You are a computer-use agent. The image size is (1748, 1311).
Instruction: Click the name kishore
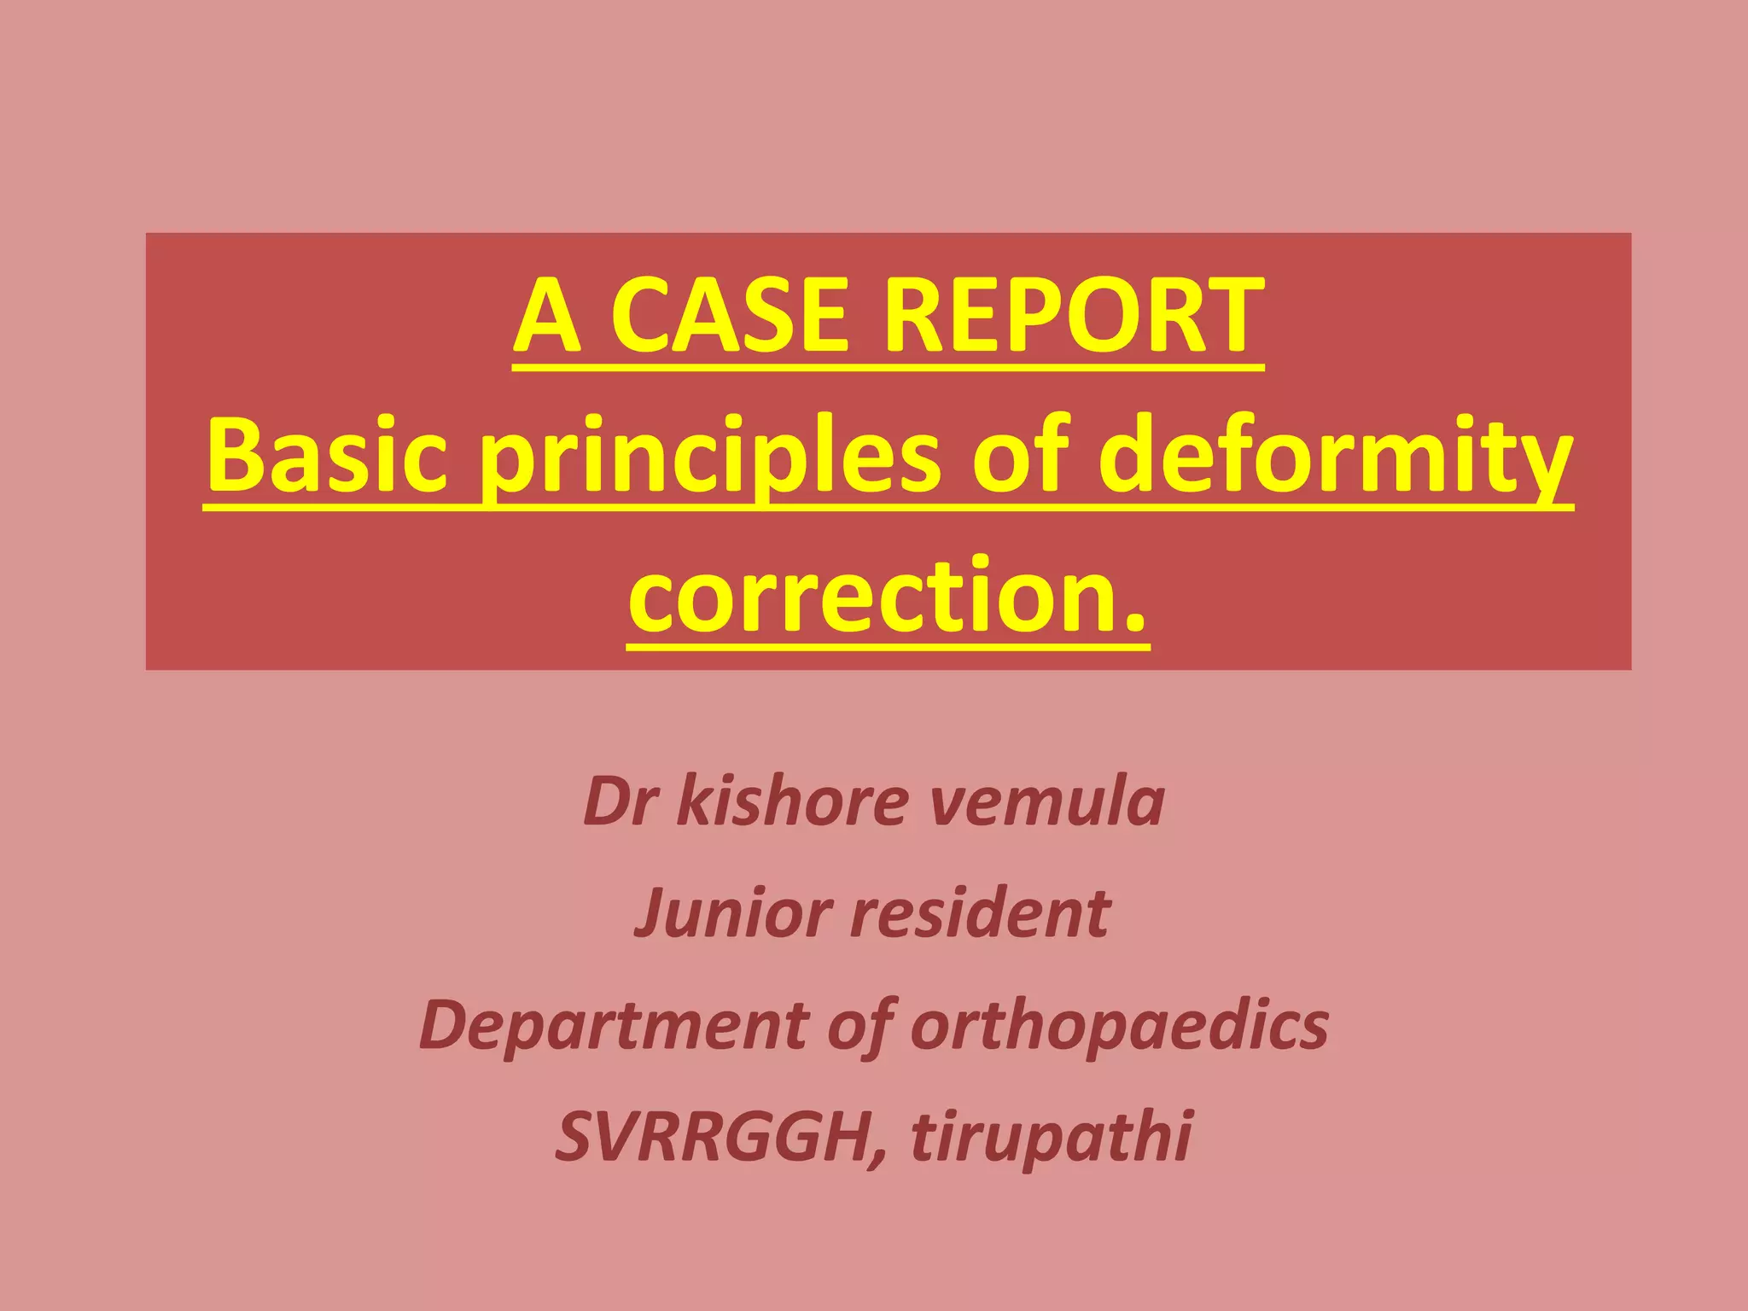[793, 801]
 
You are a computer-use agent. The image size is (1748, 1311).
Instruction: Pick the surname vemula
[1046, 801]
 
